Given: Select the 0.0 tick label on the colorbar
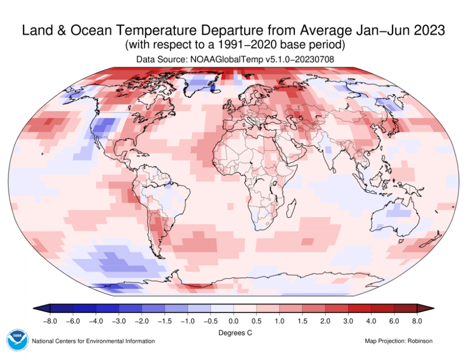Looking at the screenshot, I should click(233, 320).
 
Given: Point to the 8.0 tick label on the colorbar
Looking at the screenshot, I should click(417, 320).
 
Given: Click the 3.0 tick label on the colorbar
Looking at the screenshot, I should click(348, 320).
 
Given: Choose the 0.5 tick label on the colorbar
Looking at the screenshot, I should click(256, 320).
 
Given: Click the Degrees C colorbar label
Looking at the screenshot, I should click(233, 332).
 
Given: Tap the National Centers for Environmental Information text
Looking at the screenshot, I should click(93, 341).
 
